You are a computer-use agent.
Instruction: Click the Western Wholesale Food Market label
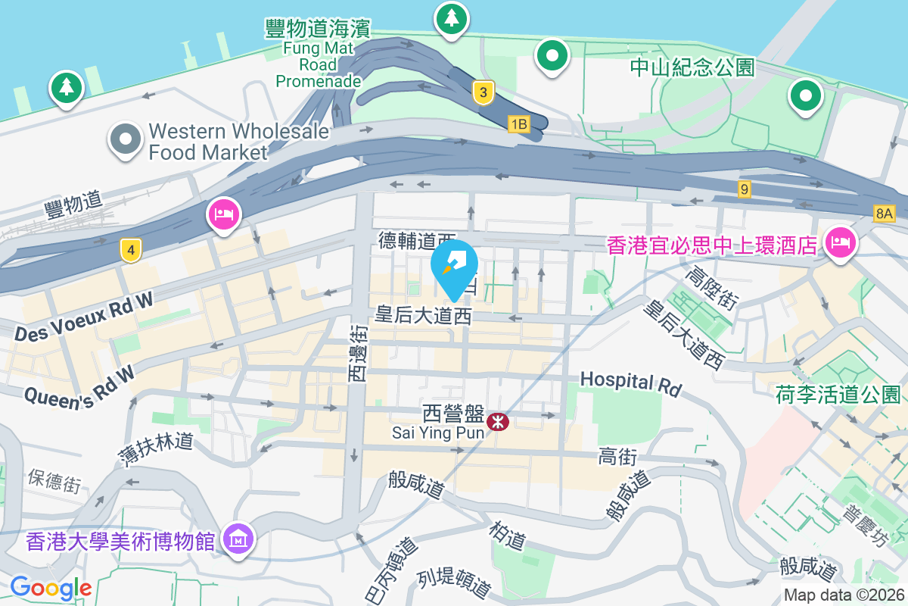pos(239,142)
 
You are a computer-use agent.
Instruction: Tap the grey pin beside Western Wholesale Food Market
pos(126,140)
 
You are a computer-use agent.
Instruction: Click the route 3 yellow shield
pos(484,93)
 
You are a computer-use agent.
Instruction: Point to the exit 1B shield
pos(518,124)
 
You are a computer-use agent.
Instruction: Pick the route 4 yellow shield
pos(131,249)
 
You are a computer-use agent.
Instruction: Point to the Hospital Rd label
pos(630,383)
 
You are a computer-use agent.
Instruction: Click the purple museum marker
pos(240,539)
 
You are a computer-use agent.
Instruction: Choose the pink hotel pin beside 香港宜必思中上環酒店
pos(840,243)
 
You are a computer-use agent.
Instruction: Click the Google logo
pos(51,587)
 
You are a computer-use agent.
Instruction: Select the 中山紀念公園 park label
pos(692,68)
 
